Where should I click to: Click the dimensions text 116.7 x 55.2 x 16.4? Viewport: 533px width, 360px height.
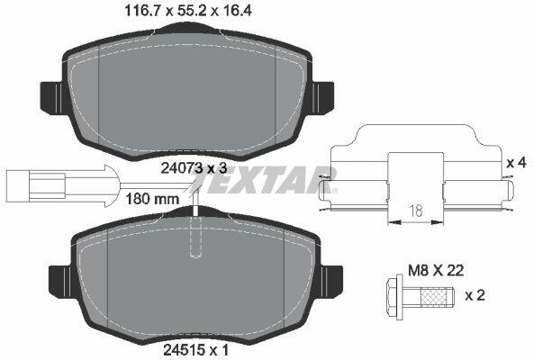pos(188,11)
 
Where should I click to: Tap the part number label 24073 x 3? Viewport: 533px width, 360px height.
pos(194,168)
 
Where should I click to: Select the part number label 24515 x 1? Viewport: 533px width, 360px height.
pos(196,349)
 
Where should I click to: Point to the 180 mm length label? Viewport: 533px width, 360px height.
pos(152,199)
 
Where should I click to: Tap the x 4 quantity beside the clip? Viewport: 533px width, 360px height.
pos(516,163)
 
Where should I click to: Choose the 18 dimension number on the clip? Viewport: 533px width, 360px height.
pos(416,211)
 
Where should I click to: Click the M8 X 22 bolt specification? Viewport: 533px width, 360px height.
pos(436,271)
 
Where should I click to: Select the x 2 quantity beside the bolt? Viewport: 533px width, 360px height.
pos(474,295)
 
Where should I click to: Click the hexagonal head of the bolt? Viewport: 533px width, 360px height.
pos(395,295)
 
